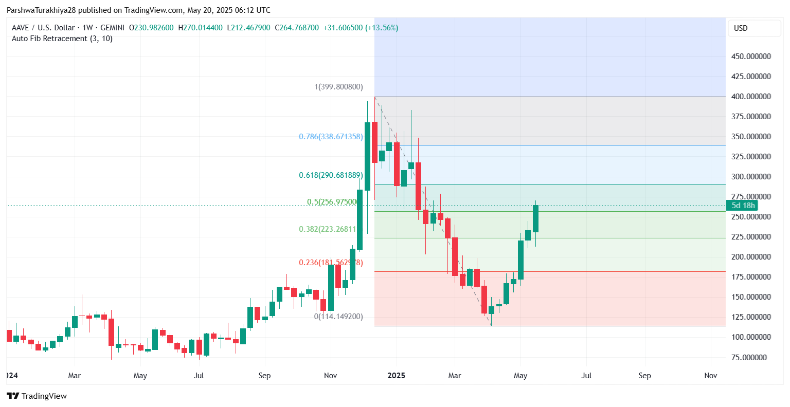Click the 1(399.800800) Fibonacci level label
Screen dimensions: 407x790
pyautogui.click(x=338, y=87)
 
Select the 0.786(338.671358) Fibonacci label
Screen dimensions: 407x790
pyautogui.click(x=331, y=137)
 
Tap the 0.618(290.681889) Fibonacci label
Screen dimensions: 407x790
pyautogui.click(x=331, y=175)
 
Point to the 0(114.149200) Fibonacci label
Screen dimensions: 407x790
pyautogui.click(x=338, y=317)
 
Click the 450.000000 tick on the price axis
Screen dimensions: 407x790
pyautogui.click(x=751, y=57)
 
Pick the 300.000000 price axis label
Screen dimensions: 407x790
pyautogui.click(x=751, y=177)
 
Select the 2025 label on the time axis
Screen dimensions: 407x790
pyautogui.click(x=396, y=376)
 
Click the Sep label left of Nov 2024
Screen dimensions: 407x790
pyautogui.click(x=264, y=376)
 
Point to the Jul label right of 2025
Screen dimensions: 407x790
pyautogui.click(x=586, y=376)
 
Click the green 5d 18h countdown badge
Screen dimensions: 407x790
pyautogui.click(x=743, y=206)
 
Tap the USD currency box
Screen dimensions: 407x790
pyautogui.click(x=754, y=28)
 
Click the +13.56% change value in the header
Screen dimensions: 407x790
pyautogui.click(x=382, y=28)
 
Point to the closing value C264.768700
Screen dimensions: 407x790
pyautogui.click(x=297, y=28)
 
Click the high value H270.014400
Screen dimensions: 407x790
pyautogui.click(x=201, y=28)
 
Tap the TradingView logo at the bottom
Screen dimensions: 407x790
pyautogui.click(x=37, y=396)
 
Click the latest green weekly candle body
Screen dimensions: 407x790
pyautogui.click(x=535, y=218)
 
